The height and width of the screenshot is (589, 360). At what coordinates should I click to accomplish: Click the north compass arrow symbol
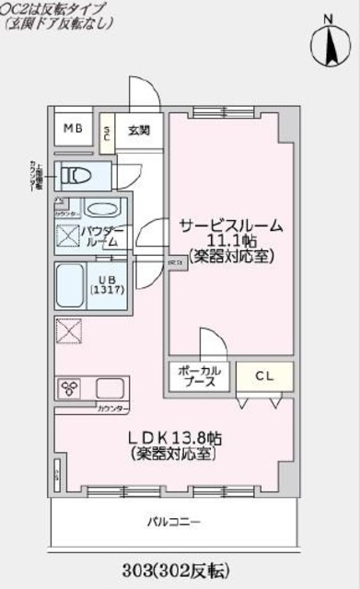329,43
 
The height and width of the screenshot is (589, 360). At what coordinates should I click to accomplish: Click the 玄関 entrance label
139,130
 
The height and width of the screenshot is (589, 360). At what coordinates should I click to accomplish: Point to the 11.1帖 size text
231,241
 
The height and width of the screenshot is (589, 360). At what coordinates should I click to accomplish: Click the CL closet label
262,375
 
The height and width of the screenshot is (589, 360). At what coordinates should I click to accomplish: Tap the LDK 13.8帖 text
175,439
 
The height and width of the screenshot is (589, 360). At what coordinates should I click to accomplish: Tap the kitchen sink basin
110,387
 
